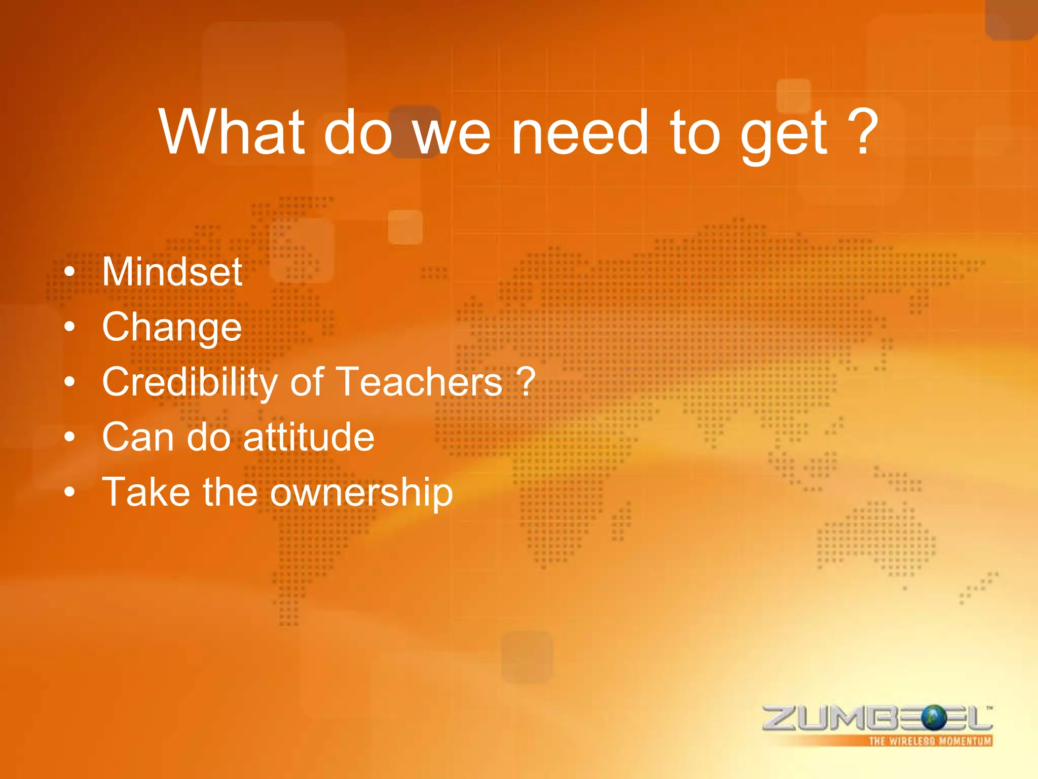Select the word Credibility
pyautogui.click(x=189, y=382)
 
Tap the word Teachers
pyautogui.click(x=419, y=381)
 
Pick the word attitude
pyautogui.click(x=309, y=437)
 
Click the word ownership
pyautogui.click(x=361, y=492)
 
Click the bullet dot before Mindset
pyautogui.click(x=70, y=272)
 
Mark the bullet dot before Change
pyautogui.click(x=70, y=327)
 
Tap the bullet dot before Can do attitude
pyautogui.click(x=70, y=437)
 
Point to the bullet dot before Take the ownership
pyautogui.click(x=70, y=491)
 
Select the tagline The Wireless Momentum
pyautogui.click(x=930, y=741)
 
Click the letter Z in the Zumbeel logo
pyautogui.click(x=780, y=718)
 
